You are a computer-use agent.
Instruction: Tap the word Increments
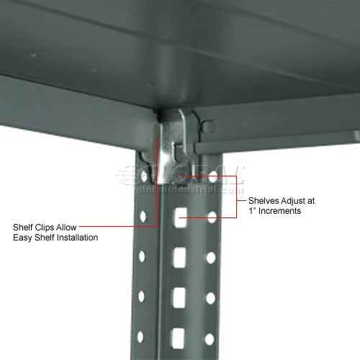point(280,212)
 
